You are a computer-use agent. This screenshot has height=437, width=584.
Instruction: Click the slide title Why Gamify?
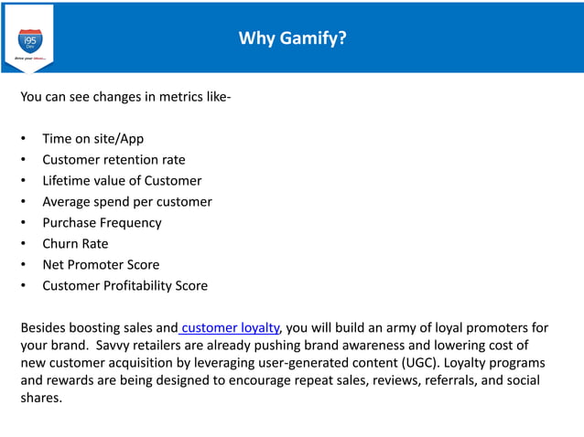click(292, 37)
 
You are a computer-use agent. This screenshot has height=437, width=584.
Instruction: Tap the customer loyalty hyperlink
click(231, 327)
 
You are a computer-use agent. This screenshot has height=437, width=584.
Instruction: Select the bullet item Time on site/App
click(92, 139)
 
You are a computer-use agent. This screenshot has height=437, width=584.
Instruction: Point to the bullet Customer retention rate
click(114, 160)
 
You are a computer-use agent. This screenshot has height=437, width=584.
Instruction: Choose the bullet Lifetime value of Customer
click(122, 181)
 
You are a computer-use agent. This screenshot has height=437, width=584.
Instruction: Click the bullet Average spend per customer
click(126, 202)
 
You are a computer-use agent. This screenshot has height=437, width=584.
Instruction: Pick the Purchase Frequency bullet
click(102, 223)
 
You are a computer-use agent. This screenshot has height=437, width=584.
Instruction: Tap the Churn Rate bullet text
click(75, 244)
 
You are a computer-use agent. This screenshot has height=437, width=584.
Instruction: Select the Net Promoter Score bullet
click(101, 265)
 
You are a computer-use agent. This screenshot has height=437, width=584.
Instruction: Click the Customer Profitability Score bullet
click(124, 286)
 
